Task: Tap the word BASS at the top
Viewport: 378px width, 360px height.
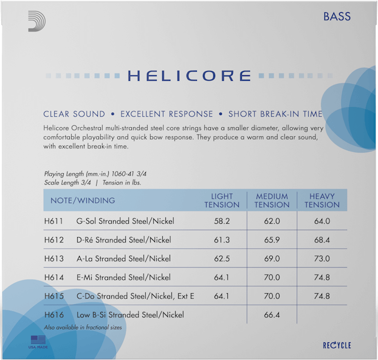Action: [337, 16]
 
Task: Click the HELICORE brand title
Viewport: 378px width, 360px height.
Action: [189, 76]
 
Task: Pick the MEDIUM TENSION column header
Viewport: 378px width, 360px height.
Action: [272, 201]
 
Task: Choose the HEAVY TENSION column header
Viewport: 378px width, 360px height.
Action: [322, 201]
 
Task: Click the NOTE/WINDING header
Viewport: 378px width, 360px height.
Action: [83, 201]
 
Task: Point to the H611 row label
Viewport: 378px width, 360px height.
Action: [54, 221]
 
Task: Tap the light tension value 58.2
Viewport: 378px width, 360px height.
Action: [222, 221]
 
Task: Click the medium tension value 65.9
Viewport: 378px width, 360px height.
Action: [272, 240]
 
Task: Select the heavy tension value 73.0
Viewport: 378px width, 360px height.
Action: [322, 259]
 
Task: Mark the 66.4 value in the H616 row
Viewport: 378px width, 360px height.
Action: [272, 315]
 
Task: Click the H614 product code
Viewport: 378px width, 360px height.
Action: [54, 278]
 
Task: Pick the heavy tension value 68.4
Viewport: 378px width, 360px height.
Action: [322, 240]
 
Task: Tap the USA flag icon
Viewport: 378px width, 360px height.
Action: [38, 340]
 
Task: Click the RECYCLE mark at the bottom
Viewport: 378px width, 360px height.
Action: [337, 345]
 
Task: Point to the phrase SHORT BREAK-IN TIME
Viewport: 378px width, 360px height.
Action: [275, 114]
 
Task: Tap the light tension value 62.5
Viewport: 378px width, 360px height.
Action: [222, 259]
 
